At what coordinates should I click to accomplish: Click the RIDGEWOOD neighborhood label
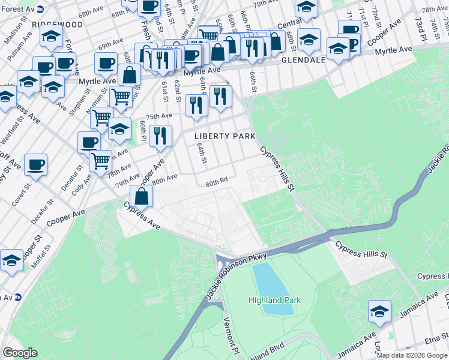pos(58,24)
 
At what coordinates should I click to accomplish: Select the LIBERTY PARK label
pos(220,136)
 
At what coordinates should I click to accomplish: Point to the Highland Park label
pos(275,300)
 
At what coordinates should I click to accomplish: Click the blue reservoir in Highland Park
pos(272,287)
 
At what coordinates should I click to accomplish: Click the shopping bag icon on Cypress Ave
pos(141,197)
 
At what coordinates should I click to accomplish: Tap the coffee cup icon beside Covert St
pos(35,164)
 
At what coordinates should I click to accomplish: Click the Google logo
pos(20,353)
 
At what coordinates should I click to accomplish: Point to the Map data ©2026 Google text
pos(412,355)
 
